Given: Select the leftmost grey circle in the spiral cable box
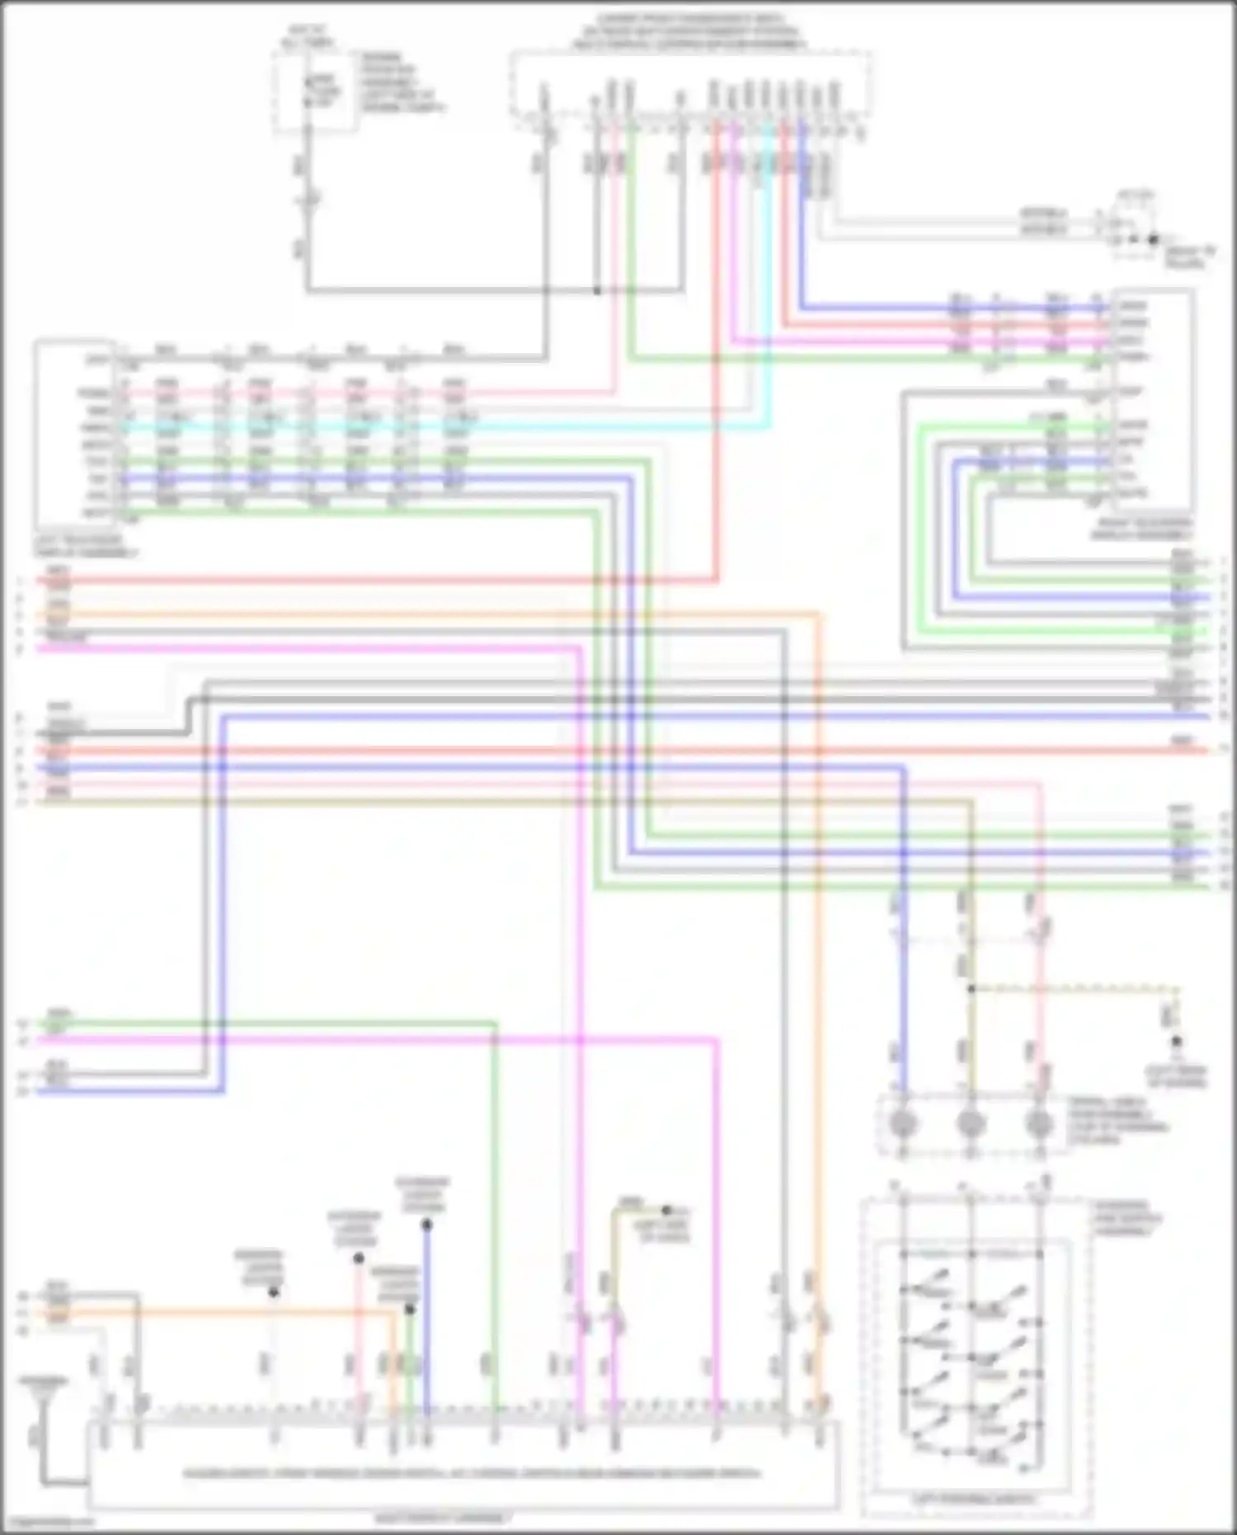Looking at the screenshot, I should point(904,1124).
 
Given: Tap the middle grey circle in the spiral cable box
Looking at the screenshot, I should point(971,1124).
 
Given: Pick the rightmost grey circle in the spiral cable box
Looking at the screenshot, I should point(1039,1124).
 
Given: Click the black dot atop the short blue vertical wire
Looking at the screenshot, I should point(426,1226).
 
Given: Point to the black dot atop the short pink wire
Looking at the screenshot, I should point(359,1259).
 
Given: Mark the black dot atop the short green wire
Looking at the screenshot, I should point(410,1309).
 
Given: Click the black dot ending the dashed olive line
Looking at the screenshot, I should point(1177,1042).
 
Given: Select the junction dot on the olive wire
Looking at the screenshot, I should point(971,988).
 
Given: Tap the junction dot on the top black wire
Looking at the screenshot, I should point(597,290).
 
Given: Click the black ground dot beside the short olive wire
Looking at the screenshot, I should point(666,1210).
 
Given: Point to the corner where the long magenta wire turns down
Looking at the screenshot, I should point(714,1041).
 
